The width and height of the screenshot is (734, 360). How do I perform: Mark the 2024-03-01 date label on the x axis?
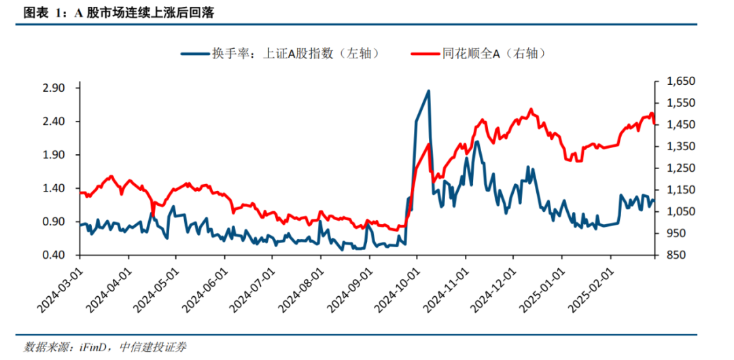[57, 288]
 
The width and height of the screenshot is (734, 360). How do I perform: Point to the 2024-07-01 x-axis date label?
[249, 288]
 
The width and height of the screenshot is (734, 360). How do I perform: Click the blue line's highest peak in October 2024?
[428, 90]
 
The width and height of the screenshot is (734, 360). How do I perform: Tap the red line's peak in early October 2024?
[429, 144]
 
